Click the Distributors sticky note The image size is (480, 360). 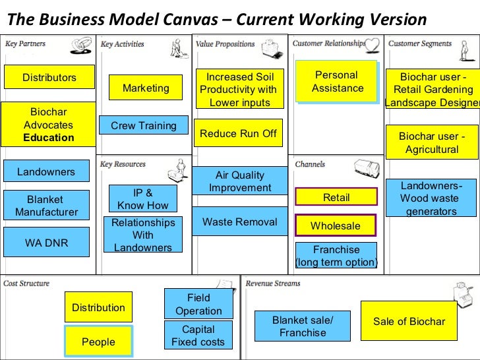click(x=49, y=77)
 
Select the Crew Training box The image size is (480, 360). click(x=144, y=125)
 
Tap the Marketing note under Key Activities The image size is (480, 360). click(x=146, y=88)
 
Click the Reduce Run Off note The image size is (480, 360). click(x=238, y=133)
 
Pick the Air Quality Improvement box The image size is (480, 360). click(x=240, y=181)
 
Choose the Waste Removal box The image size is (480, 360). click(x=240, y=222)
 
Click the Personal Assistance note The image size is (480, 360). click(x=337, y=82)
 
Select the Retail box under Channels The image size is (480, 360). click(x=336, y=197)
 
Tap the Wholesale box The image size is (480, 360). click(x=335, y=225)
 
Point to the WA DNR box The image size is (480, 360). click(x=47, y=242)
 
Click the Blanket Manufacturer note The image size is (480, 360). click(x=46, y=205)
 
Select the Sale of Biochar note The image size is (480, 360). click(x=409, y=321)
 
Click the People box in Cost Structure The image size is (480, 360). click(x=98, y=342)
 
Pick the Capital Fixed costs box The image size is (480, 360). click(x=198, y=335)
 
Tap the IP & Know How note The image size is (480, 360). click(x=143, y=198)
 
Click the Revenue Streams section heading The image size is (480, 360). click(x=273, y=284)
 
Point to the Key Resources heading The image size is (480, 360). click(x=123, y=164)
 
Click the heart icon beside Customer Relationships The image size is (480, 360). click(x=373, y=45)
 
